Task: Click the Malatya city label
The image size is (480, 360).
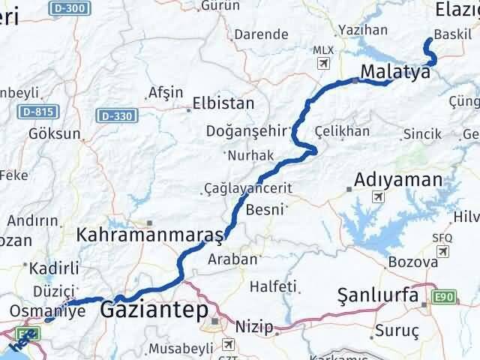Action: pyautogui.click(x=396, y=72)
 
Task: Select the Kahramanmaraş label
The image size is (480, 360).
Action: pyautogui.click(x=150, y=235)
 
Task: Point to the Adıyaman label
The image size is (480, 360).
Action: pyautogui.click(x=397, y=180)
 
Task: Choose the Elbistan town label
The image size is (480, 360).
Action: pyautogui.click(x=223, y=103)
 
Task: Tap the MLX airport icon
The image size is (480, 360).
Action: pyautogui.click(x=323, y=62)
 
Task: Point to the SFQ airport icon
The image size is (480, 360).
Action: pyautogui.click(x=443, y=250)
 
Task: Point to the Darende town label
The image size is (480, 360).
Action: pyautogui.click(x=261, y=34)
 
